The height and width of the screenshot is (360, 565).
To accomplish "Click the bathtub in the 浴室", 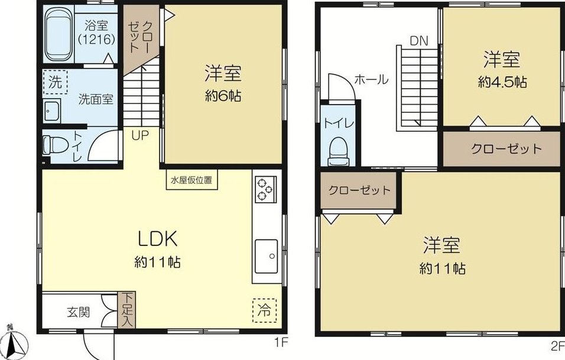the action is click(59, 34).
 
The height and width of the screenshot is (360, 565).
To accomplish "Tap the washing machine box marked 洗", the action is click(55, 82).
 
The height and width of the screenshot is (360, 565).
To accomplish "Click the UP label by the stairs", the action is click(140, 136).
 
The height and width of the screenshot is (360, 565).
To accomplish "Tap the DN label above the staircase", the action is click(419, 41).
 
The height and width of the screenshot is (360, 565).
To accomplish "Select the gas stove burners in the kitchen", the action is click(265, 189).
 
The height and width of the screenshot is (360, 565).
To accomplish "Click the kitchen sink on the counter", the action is click(267, 256).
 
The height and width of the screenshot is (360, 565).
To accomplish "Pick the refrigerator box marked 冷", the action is click(265, 310).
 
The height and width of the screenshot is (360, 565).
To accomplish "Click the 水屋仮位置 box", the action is click(191, 180).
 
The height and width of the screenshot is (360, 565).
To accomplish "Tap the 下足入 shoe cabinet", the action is click(126, 310).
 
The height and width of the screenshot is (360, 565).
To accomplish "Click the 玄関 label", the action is click(78, 312).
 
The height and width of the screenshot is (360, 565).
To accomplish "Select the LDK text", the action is click(158, 239).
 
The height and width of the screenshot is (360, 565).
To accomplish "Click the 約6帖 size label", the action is click(223, 96).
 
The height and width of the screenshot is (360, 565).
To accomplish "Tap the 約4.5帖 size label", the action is click(502, 83).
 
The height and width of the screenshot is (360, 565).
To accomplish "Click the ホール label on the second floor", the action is click(372, 79).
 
